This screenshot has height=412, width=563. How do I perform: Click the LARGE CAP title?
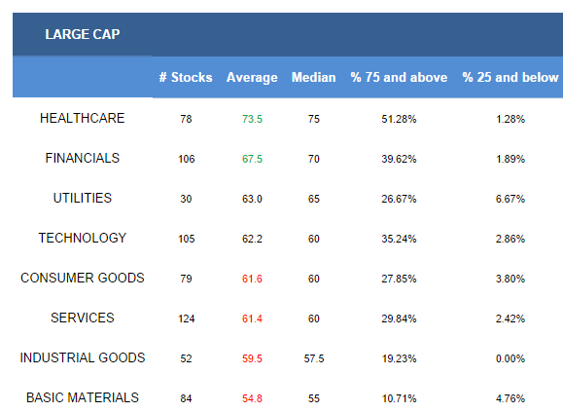tap(83, 34)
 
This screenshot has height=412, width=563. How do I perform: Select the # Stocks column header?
tap(186, 77)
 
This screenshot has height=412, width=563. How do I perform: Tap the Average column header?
tap(252, 78)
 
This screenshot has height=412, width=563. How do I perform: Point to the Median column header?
tap(313, 77)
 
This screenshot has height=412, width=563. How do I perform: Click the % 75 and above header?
tap(399, 77)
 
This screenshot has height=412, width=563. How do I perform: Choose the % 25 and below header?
tap(510, 77)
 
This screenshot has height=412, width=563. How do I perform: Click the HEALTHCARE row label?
tap(83, 118)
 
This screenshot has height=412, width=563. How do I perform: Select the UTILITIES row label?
tap(83, 198)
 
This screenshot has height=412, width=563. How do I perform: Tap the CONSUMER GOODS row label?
tap(83, 278)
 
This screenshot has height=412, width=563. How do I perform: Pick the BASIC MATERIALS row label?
tap(83, 397)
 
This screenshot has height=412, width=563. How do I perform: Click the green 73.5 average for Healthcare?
tap(252, 119)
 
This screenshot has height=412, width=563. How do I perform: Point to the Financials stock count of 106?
tap(187, 159)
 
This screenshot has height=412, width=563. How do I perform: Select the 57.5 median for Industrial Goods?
tap(314, 358)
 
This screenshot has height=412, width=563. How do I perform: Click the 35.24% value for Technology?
tap(399, 239)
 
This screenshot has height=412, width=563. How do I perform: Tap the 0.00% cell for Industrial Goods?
tap(510, 358)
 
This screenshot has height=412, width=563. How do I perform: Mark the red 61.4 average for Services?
tap(252, 318)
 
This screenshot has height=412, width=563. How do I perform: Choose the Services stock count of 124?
tap(187, 318)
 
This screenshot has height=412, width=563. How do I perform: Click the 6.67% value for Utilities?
tap(510, 199)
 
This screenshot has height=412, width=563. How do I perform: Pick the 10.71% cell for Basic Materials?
tap(399, 398)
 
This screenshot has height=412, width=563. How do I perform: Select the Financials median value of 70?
tap(313, 159)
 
